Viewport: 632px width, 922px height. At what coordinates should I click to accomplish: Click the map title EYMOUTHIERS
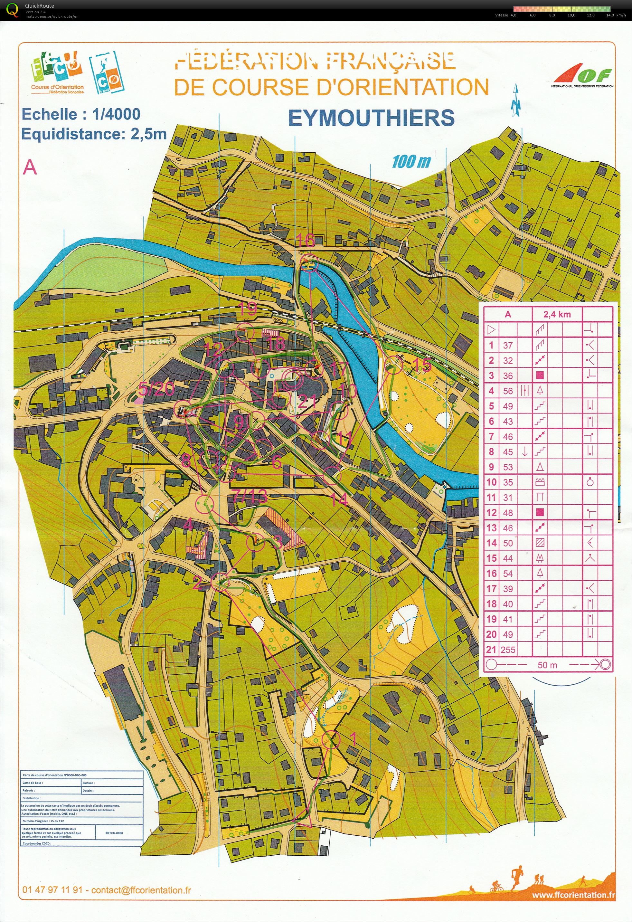pyautogui.click(x=371, y=118)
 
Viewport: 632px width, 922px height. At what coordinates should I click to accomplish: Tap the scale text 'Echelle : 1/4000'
pyautogui.click(x=81, y=114)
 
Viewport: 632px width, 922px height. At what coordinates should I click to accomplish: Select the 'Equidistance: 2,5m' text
pyautogui.click(x=94, y=134)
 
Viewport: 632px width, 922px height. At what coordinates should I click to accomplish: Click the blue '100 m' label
pyautogui.click(x=411, y=161)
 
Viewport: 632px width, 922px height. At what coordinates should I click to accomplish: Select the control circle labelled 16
pyautogui.click(x=309, y=263)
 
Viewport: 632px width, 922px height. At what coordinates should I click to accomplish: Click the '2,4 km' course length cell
pyautogui.click(x=557, y=314)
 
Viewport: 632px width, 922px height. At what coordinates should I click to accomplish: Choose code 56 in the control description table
pyautogui.click(x=508, y=391)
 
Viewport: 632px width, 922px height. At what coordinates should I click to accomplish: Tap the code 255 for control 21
pyautogui.click(x=508, y=650)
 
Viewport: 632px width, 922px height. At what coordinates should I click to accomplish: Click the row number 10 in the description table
pyautogui.click(x=491, y=482)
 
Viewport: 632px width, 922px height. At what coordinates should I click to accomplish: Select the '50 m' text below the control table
pyautogui.click(x=547, y=665)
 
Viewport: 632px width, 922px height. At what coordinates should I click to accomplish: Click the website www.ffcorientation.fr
pyautogui.click(x=573, y=895)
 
